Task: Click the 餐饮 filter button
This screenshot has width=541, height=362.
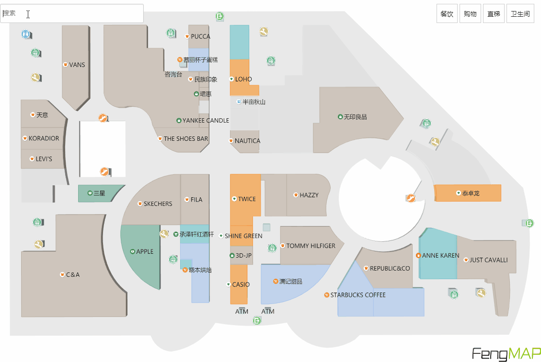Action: (x=447, y=14)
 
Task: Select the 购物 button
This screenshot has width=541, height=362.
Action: (x=470, y=14)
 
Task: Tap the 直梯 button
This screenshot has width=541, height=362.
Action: (x=494, y=14)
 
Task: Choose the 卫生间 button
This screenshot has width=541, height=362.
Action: (x=520, y=14)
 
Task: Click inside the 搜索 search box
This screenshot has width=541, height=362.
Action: (x=72, y=13)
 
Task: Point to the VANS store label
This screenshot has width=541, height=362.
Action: (x=77, y=65)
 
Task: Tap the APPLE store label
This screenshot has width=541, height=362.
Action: (x=144, y=251)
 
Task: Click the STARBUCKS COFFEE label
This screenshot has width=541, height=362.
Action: (x=357, y=295)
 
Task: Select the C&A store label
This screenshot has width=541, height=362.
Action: (x=72, y=275)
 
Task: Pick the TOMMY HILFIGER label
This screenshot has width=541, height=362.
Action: (x=311, y=246)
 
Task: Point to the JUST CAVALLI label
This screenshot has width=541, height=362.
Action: (x=488, y=260)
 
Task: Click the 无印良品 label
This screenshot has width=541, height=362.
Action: (x=355, y=117)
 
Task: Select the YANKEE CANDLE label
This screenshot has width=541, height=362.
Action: (x=206, y=121)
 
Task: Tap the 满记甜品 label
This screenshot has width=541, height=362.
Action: (x=290, y=282)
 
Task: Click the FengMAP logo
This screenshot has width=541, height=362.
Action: (x=506, y=353)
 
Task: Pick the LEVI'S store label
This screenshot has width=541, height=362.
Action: (x=44, y=158)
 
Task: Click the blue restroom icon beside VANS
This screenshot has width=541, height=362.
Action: (x=25, y=34)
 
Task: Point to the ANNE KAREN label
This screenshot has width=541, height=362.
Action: (x=440, y=256)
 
